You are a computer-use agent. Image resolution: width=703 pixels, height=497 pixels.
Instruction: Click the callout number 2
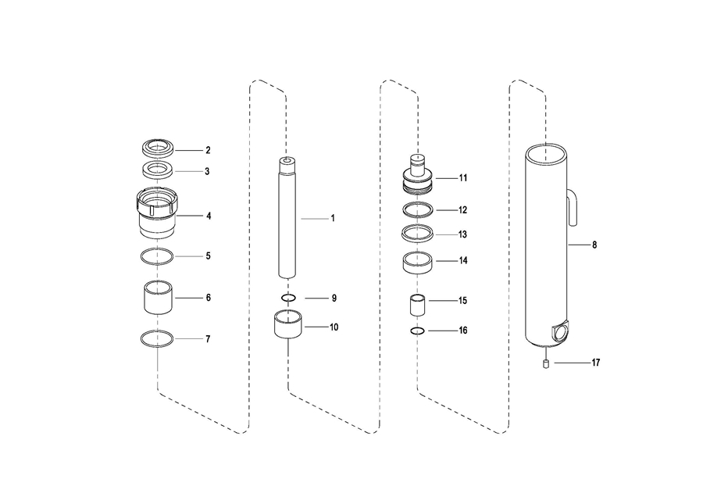click(208, 149)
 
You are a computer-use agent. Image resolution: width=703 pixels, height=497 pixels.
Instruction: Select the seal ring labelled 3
click(158, 170)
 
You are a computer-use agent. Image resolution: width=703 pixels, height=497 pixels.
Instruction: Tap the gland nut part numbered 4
click(159, 214)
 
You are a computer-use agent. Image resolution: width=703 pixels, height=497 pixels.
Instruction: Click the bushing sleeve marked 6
click(158, 297)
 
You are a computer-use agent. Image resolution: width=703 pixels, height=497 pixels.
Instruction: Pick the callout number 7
click(208, 339)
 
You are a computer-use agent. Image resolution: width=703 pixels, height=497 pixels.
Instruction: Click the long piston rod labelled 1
click(287, 219)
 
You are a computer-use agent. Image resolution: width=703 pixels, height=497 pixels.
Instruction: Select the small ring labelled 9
click(287, 298)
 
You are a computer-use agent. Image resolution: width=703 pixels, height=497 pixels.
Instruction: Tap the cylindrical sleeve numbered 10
click(287, 326)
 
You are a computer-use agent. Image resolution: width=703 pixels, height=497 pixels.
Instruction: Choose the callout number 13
click(462, 234)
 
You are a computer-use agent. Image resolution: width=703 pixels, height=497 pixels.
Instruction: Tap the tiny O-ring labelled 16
click(417, 331)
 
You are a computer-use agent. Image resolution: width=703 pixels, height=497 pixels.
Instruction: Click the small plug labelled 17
click(547, 363)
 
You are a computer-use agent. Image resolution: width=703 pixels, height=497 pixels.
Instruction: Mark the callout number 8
click(594, 245)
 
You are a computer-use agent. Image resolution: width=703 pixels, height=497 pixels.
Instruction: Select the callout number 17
click(595, 363)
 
